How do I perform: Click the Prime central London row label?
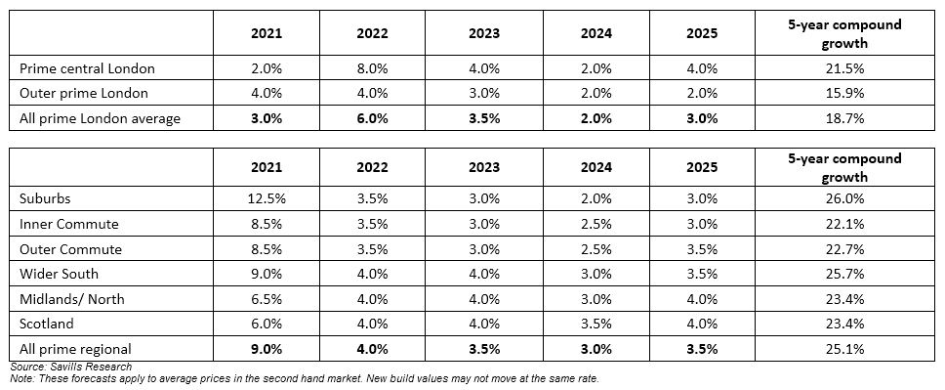[x=87, y=68]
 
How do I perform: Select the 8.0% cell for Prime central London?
[x=372, y=68]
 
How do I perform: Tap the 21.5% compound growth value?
[x=845, y=68]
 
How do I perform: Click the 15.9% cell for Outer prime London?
[x=845, y=94]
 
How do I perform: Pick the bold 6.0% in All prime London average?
[x=372, y=118]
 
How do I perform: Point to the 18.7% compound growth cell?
[x=845, y=118]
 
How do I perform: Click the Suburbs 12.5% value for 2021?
[x=267, y=198]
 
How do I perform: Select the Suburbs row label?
[x=45, y=198]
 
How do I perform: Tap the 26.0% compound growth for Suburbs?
[x=845, y=198]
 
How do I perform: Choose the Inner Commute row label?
[x=68, y=224]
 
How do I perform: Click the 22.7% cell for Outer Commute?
[x=845, y=249]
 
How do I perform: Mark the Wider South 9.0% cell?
[x=267, y=274]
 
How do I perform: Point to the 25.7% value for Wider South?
[x=845, y=274]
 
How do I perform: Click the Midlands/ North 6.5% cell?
[x=267, y=299]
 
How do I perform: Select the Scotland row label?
[x=47, y=324]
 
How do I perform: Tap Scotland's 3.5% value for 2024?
[x=596, y=324]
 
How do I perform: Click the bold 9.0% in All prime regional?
[x=267, y=349]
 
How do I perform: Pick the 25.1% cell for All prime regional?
[x=845, y=349]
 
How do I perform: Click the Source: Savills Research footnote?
[x=70, y=367]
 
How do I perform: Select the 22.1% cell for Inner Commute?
[x=845, y=224]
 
